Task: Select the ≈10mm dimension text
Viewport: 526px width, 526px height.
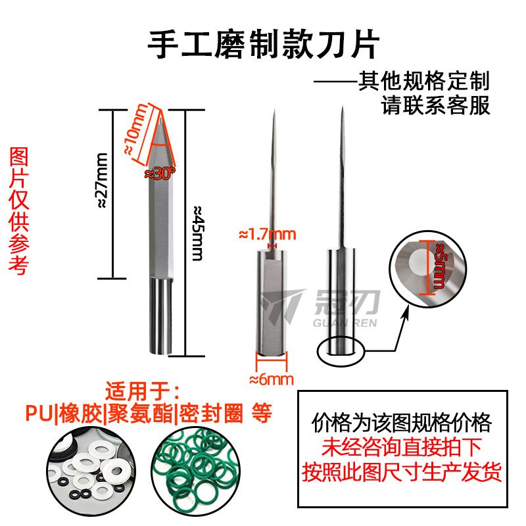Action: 136,129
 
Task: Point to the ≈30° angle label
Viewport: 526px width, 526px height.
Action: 160,174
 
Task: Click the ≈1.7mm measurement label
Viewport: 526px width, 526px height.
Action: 268,235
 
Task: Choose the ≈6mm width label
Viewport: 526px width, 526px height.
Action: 272,379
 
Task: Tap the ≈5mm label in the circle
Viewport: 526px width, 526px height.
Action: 439,266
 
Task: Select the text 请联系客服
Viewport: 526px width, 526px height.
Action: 435,105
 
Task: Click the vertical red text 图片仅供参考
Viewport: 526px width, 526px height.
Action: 19,211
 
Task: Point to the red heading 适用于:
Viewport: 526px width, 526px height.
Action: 142,391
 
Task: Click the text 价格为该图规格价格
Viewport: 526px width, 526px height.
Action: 402,423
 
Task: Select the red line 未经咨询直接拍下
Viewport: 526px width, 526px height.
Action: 402,447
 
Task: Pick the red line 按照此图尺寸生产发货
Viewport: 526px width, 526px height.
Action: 402,471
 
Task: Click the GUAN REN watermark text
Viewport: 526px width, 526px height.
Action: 345,323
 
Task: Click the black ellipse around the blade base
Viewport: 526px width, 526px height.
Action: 340,337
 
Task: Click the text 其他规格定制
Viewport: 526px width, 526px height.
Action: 424,81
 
